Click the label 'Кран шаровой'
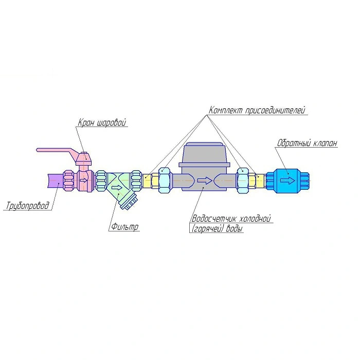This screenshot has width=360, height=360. tap(102, 122)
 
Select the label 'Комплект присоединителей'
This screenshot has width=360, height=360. tap(257, 111)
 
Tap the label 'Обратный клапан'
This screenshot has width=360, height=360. tap(307, 143)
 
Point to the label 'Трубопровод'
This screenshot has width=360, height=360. tap(28, 207)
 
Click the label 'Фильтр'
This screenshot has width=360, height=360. tap(124, 227)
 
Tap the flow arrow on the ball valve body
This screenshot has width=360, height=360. tap(83, 180)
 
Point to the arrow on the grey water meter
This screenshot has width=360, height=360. tap(205, 181)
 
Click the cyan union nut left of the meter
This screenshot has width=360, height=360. tap(164, 181)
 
